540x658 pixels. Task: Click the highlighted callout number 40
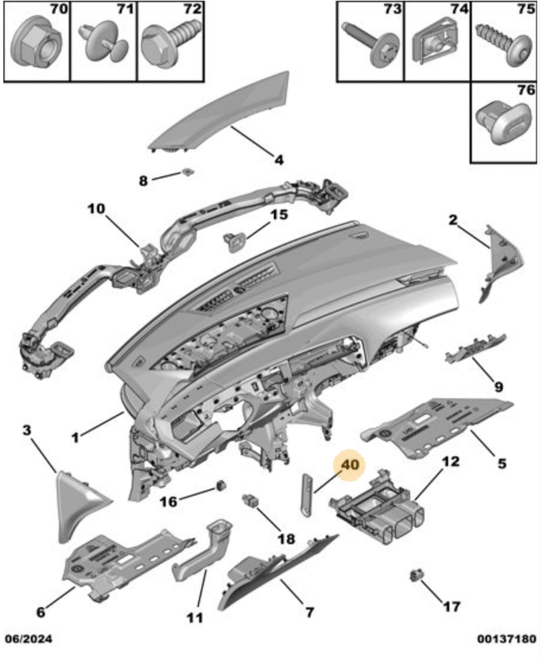point(350,465)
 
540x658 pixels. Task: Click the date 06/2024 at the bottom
point(29,639)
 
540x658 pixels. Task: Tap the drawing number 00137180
point(506,639)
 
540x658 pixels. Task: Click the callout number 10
point(96,209)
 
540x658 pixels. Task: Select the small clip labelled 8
point(187,172)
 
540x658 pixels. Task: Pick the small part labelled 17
point(416,575)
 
